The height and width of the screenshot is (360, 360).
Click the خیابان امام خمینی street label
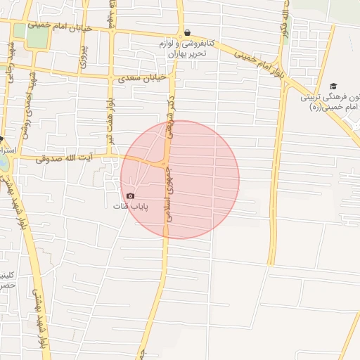point(57,26)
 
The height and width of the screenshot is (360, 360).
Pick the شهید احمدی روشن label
point(25,112)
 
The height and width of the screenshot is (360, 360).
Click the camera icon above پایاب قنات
point(130,195)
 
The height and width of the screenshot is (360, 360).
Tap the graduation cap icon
point(333,85)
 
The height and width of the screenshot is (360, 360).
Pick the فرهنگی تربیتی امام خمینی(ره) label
point(330,101)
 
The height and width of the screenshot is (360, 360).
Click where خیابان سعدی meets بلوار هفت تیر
point(112,76)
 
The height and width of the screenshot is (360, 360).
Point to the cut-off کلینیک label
point(7,274)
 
